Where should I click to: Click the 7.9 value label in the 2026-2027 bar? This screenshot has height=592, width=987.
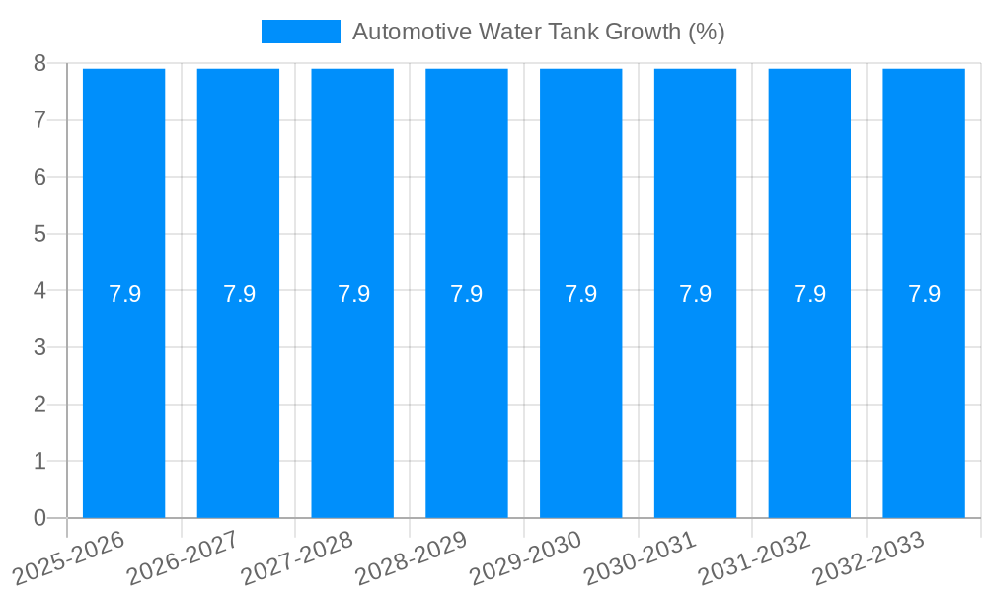click(239, 294)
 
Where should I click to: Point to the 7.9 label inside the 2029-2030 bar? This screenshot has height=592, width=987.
click(581, 294)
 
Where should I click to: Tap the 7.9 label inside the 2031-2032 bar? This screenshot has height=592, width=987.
click(809, 294)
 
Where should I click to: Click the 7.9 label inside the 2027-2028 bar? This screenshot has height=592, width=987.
click(353, 294)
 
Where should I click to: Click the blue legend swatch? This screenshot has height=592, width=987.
click(300, 32)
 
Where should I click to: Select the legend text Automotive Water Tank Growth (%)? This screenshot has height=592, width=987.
click(538, 32)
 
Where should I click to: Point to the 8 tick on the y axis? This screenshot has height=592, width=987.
click(39, 63)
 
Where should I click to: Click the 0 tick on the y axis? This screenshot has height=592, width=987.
click(39, 518)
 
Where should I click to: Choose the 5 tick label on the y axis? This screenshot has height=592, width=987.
click(39, 234)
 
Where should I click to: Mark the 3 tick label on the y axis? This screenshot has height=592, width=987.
click(39, 347)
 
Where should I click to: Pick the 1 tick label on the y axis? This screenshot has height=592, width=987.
click(39, 462)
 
